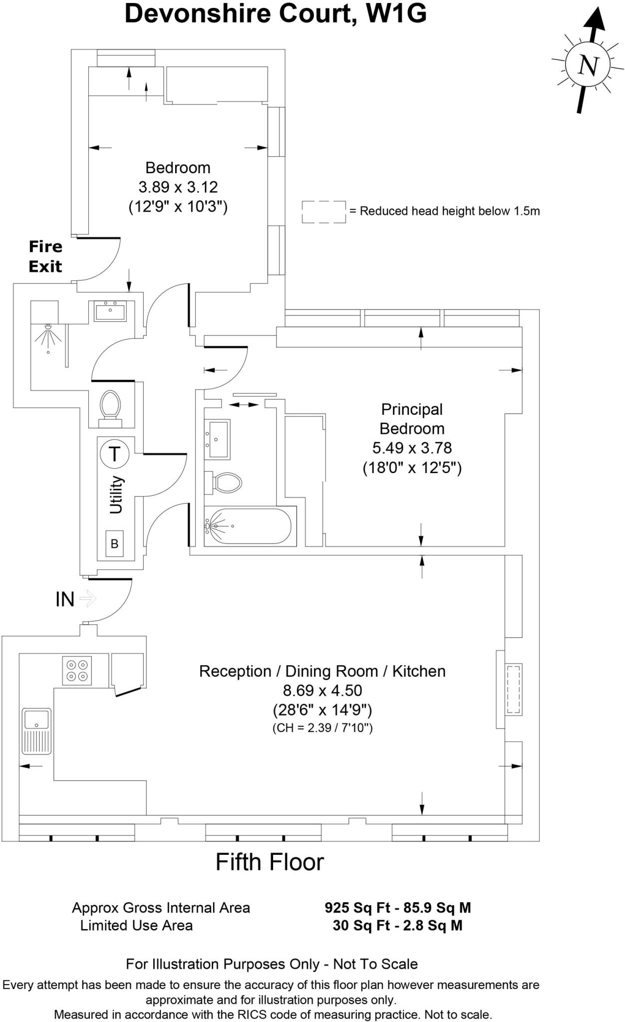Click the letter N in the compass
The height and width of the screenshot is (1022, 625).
click(588, 65)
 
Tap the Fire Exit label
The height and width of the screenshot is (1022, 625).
click(45, 256)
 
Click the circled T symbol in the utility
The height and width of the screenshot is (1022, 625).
click(115, 454)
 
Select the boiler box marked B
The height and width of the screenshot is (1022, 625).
click(114, 543)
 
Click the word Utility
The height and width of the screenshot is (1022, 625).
click(116, 495)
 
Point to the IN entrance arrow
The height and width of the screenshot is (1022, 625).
click(88, 598)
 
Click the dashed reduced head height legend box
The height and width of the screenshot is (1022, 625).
click(323, 212)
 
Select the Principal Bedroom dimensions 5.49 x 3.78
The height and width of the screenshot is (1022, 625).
click(412, 448)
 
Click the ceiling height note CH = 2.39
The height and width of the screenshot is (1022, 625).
click(322, 728)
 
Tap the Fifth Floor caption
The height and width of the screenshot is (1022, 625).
click(270, 862)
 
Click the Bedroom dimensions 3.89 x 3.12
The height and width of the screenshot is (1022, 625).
click(178, 187)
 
